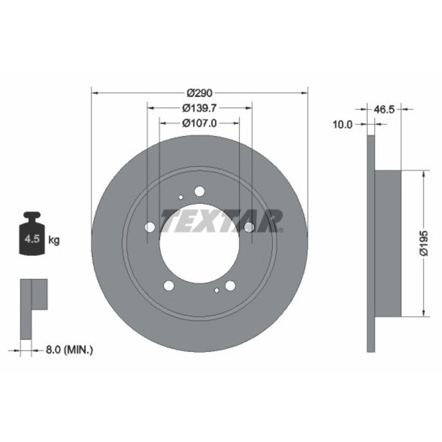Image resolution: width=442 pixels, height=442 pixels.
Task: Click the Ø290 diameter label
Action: click(x=200, y=93)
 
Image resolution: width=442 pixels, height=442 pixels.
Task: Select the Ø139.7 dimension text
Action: click(x=200, y=108)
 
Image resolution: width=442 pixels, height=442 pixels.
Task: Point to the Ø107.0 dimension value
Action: click(x=200, y=123)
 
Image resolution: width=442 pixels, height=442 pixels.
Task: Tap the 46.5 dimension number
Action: click(x=384, y=109)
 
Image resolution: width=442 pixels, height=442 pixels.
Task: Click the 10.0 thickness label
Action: click(x=343, y=124)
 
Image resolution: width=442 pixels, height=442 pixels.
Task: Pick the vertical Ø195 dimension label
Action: click(x=424, y=243)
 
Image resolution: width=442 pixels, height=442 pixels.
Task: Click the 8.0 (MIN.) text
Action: click(x=69, y=350)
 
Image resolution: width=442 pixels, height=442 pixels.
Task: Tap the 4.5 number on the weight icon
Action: click(x=32, y=239)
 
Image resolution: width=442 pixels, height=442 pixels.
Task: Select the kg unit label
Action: click(x=54, y=241)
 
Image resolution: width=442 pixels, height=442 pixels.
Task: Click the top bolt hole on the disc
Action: click(x=200, y=192)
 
